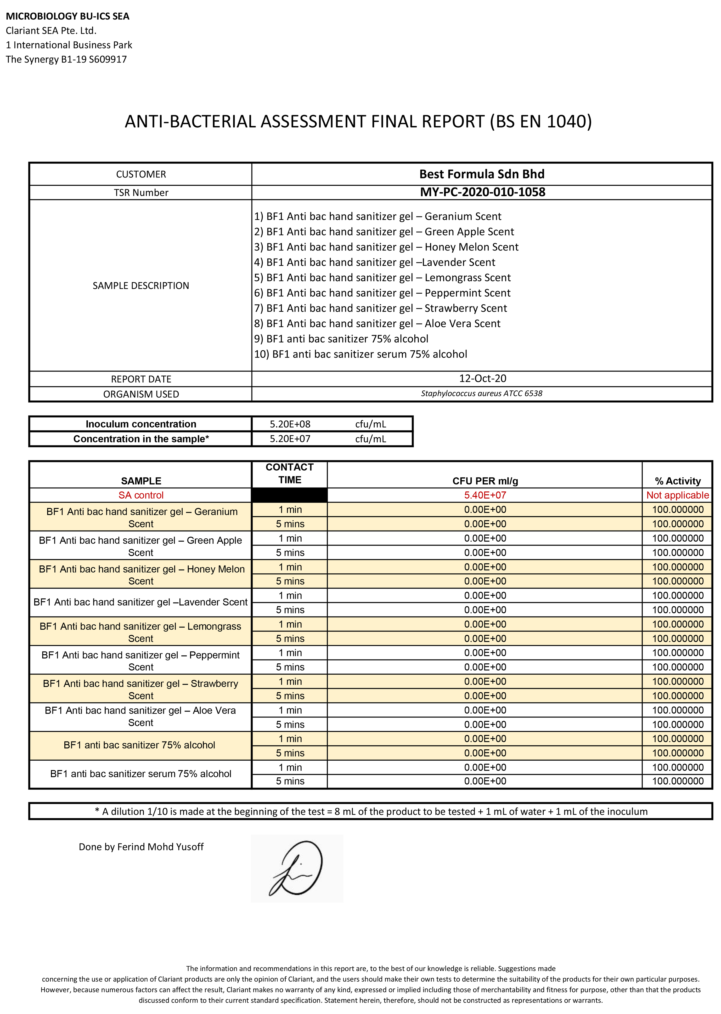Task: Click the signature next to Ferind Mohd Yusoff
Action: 297,868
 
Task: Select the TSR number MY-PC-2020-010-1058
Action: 483,192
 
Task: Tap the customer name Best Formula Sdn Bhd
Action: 482,174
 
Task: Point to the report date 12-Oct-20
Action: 483,378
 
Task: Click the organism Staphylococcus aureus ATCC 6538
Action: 482,393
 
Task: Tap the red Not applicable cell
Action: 677,495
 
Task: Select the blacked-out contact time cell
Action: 289,495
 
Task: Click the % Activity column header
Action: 677,481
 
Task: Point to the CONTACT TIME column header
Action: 289,473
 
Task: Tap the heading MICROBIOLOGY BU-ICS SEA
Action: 68,17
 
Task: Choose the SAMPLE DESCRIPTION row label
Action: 141,285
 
